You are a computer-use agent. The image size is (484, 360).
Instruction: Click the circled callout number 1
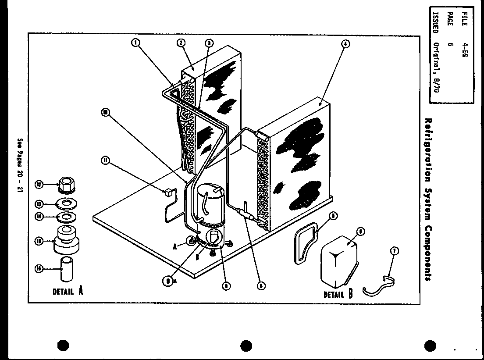point(135,43)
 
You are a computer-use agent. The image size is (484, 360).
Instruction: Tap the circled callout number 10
point(104,112)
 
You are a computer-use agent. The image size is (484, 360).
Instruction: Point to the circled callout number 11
point(105,160)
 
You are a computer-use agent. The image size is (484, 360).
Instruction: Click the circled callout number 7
point(394,251)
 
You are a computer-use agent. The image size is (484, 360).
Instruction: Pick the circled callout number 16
point(39,269)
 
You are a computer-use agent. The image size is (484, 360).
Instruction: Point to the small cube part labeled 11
point(167,192)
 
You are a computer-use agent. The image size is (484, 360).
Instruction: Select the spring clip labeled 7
point(379,286)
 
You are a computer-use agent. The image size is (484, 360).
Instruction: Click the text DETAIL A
point(68,291)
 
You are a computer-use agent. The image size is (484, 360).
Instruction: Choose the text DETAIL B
point(338,294)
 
